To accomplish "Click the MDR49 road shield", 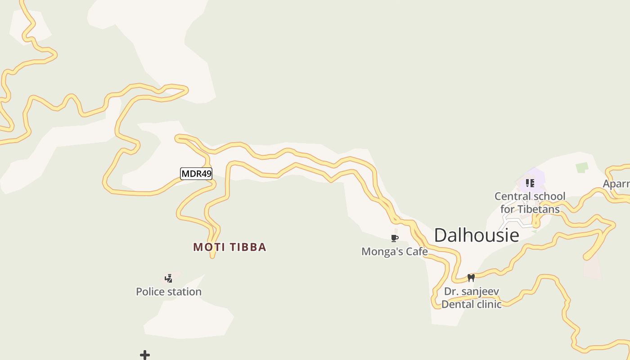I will [196, 174].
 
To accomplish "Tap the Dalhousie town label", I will [477, 235].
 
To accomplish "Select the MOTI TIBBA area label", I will [229, 247].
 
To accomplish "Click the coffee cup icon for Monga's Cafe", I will [395, 238].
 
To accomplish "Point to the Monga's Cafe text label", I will [395, 252].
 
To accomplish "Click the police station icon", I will [169, 279].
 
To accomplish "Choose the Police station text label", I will [169, 292].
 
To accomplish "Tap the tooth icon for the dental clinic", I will [471, 278].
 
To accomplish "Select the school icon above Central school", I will [530, 183].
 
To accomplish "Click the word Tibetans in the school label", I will [539, 209].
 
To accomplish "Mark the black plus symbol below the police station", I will [145, 355].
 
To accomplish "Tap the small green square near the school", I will [582, 167].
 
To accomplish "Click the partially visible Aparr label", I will [616, 184].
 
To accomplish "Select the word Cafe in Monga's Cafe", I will [417, 252].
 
